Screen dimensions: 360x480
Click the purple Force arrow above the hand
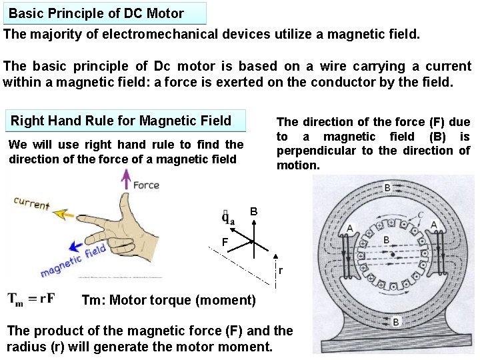(x=125, y=180)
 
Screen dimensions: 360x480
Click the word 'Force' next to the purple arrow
(x=147, y=185)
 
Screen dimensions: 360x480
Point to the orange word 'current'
(x=31, y=203)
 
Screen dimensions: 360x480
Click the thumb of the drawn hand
(x=127, y=203)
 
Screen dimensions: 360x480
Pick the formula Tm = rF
(x=32, y=299)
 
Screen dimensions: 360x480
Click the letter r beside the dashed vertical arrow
(x=281, y=271)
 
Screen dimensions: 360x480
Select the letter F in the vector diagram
(x=225, y=241)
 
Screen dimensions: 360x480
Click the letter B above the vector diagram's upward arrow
(x=254, y=212)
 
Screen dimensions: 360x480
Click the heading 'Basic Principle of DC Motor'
(x=96, y=13)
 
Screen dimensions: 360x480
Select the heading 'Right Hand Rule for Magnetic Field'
(x=121, y=121)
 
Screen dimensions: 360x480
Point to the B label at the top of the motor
(x=387, y=189)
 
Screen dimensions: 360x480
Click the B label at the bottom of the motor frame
(x=396, y=322)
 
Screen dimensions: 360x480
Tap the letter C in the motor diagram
(x=420, y=215)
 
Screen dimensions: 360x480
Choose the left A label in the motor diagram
(x=350, y=229)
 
